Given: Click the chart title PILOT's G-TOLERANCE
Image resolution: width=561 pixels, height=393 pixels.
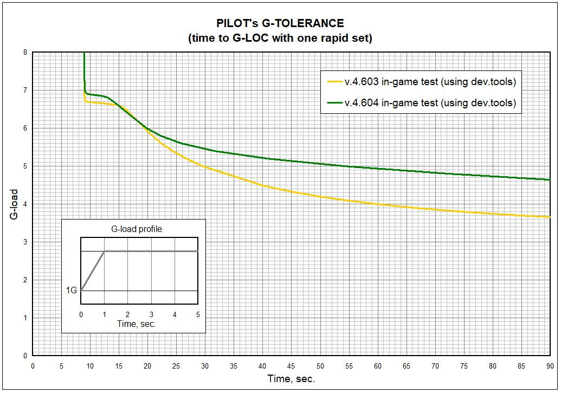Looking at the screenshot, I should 280,23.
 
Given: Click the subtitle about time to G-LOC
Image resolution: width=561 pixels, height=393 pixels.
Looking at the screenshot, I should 280,38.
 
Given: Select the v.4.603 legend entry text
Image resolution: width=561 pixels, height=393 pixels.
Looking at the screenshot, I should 430,82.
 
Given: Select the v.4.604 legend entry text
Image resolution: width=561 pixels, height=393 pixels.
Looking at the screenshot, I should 430,102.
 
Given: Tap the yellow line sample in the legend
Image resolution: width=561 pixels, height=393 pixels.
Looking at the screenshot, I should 333,82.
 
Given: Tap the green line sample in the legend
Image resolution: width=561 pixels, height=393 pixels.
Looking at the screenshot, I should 333,102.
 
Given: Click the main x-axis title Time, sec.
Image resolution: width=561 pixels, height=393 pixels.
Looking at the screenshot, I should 291,378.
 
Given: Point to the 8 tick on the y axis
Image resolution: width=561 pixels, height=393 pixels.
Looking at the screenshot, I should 25,52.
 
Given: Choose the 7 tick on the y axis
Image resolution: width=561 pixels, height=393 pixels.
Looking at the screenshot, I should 25,90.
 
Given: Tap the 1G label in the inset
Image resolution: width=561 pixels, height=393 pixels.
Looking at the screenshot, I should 72,291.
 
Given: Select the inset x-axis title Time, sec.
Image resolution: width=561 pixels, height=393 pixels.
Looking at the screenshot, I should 137,324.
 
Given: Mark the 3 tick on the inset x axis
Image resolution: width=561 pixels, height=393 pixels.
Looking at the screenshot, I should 151,314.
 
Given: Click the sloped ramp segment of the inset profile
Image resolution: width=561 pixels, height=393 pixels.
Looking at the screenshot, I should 93,270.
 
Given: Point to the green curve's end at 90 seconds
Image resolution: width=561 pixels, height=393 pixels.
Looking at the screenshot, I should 549,179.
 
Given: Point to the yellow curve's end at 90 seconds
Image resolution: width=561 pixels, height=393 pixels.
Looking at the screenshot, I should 549,217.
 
